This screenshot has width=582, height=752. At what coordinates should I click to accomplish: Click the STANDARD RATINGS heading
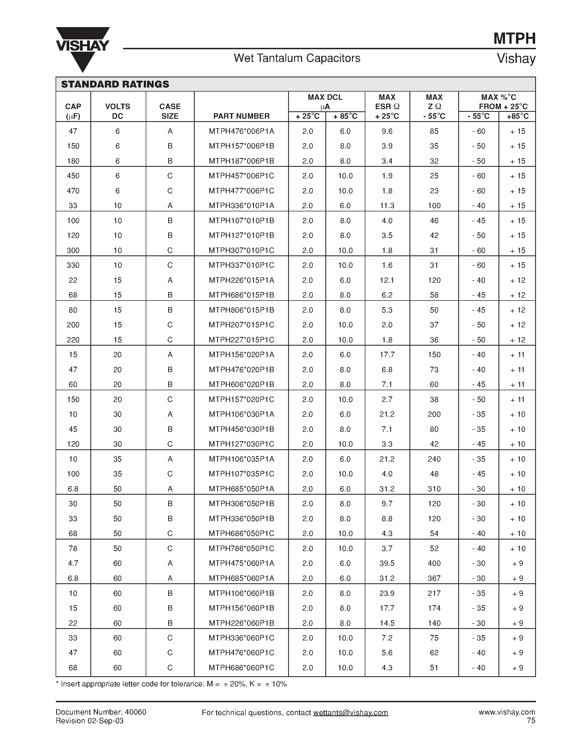[115, 84]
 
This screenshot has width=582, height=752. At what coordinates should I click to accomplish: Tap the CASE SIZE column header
[170, 111]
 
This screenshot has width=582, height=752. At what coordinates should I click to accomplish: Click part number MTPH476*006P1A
[241, 131]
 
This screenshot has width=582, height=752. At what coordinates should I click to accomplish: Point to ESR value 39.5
[387, 563]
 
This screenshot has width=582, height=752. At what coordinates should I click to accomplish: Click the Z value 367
[434, 578]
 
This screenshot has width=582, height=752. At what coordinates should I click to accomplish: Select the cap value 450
[73, 176]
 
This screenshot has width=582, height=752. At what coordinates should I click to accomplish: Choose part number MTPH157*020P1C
[241, 400]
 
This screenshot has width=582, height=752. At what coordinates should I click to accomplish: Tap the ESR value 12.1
[387, 280]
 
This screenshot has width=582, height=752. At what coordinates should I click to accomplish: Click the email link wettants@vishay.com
[350, 713]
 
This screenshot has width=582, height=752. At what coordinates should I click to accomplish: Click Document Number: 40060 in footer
[101, 712]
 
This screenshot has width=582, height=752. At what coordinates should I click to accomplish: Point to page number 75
[531, 721]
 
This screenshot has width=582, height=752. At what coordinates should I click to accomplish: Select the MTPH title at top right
[514, 39]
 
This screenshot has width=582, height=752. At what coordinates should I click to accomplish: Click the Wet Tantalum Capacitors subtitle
[297, 58]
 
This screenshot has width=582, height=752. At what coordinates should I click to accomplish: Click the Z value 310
[434, 489]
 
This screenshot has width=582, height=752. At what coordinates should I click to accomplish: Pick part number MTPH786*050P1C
[241, 549]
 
